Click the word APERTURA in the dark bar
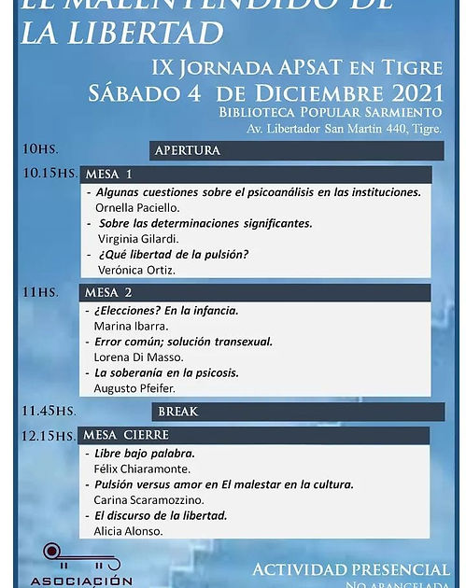pyautogui.click(x=188, y=150)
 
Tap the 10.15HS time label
pyautogui.click(x=49, y=174)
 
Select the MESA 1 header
pyautogui.click(x=108, y=175)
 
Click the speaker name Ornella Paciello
pyautogui.click(x=137, y=208)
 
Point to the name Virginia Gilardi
pyautogui.click(x=138, y=239)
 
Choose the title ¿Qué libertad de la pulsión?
pyautogui.click(x=173, y=254)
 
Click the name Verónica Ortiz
pyautogui.click(x=136, y=270)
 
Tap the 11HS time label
pyautogui.click(x=40, y=292)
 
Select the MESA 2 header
pyautogui.click(x=108, y=293)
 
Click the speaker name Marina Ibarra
pyautogui.click(x=131, y=327)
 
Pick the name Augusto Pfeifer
pyautogui.click(x=134, y=387)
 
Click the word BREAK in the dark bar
pyautogui.click(x=177, y=412)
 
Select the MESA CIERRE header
pyautogui.click(x=126, y=435)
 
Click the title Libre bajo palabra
pyautogui.click(x=145, y=454)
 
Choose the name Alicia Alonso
pyautogui.click(x=128, y=531)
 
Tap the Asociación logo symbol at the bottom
pyautogui.click(x=81, y=558)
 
